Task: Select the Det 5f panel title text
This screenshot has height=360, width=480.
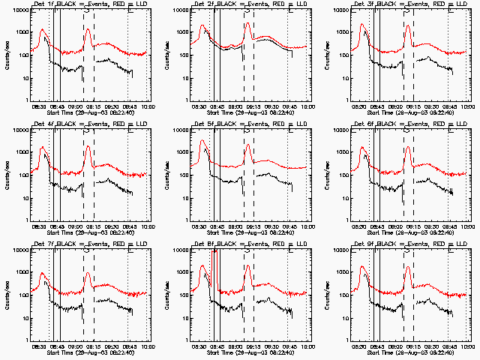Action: [250, 125]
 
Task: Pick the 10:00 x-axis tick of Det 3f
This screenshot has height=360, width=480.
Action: [466, 106]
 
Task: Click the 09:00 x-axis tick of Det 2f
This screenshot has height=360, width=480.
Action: [235, 106]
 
